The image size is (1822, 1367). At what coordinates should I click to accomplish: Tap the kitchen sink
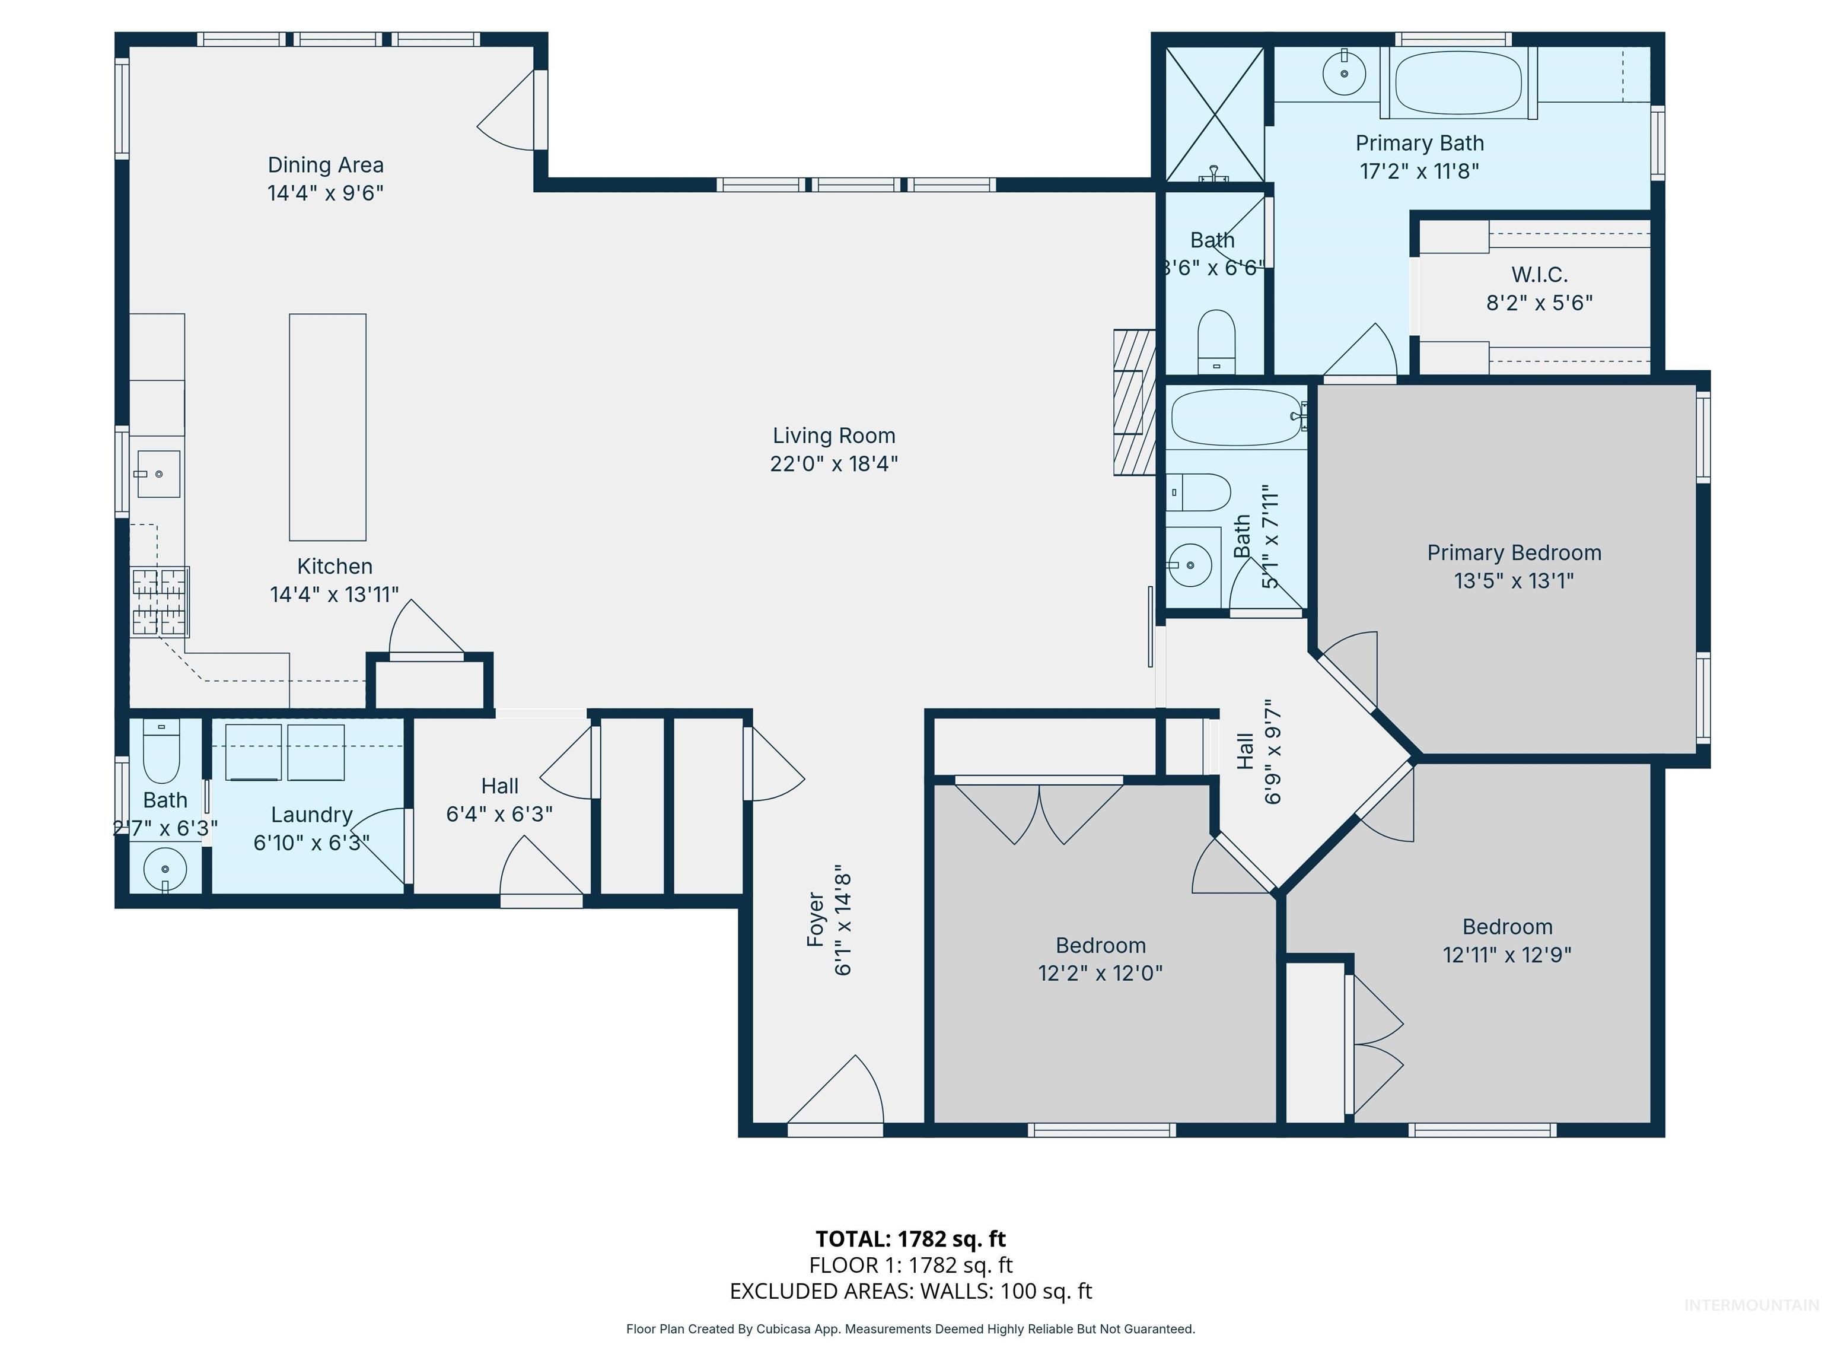(158, 474)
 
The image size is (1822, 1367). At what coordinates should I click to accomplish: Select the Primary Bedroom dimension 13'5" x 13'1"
(1514, 581)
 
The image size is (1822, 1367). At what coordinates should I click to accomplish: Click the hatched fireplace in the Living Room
(1133, 402)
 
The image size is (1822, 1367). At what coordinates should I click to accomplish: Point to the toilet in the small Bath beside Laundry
(161, 752)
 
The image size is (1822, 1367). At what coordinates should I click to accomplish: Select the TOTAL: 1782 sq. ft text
(910, 1238)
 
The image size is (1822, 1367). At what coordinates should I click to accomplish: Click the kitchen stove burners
(160, 602)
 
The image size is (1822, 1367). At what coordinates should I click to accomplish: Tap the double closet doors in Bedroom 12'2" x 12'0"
(1039, 812)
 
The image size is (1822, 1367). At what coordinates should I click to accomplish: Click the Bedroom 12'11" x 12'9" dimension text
(1506, 955)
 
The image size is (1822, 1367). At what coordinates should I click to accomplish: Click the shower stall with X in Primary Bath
(1215, 114)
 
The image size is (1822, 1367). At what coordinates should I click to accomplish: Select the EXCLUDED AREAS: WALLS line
(910, 1291)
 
